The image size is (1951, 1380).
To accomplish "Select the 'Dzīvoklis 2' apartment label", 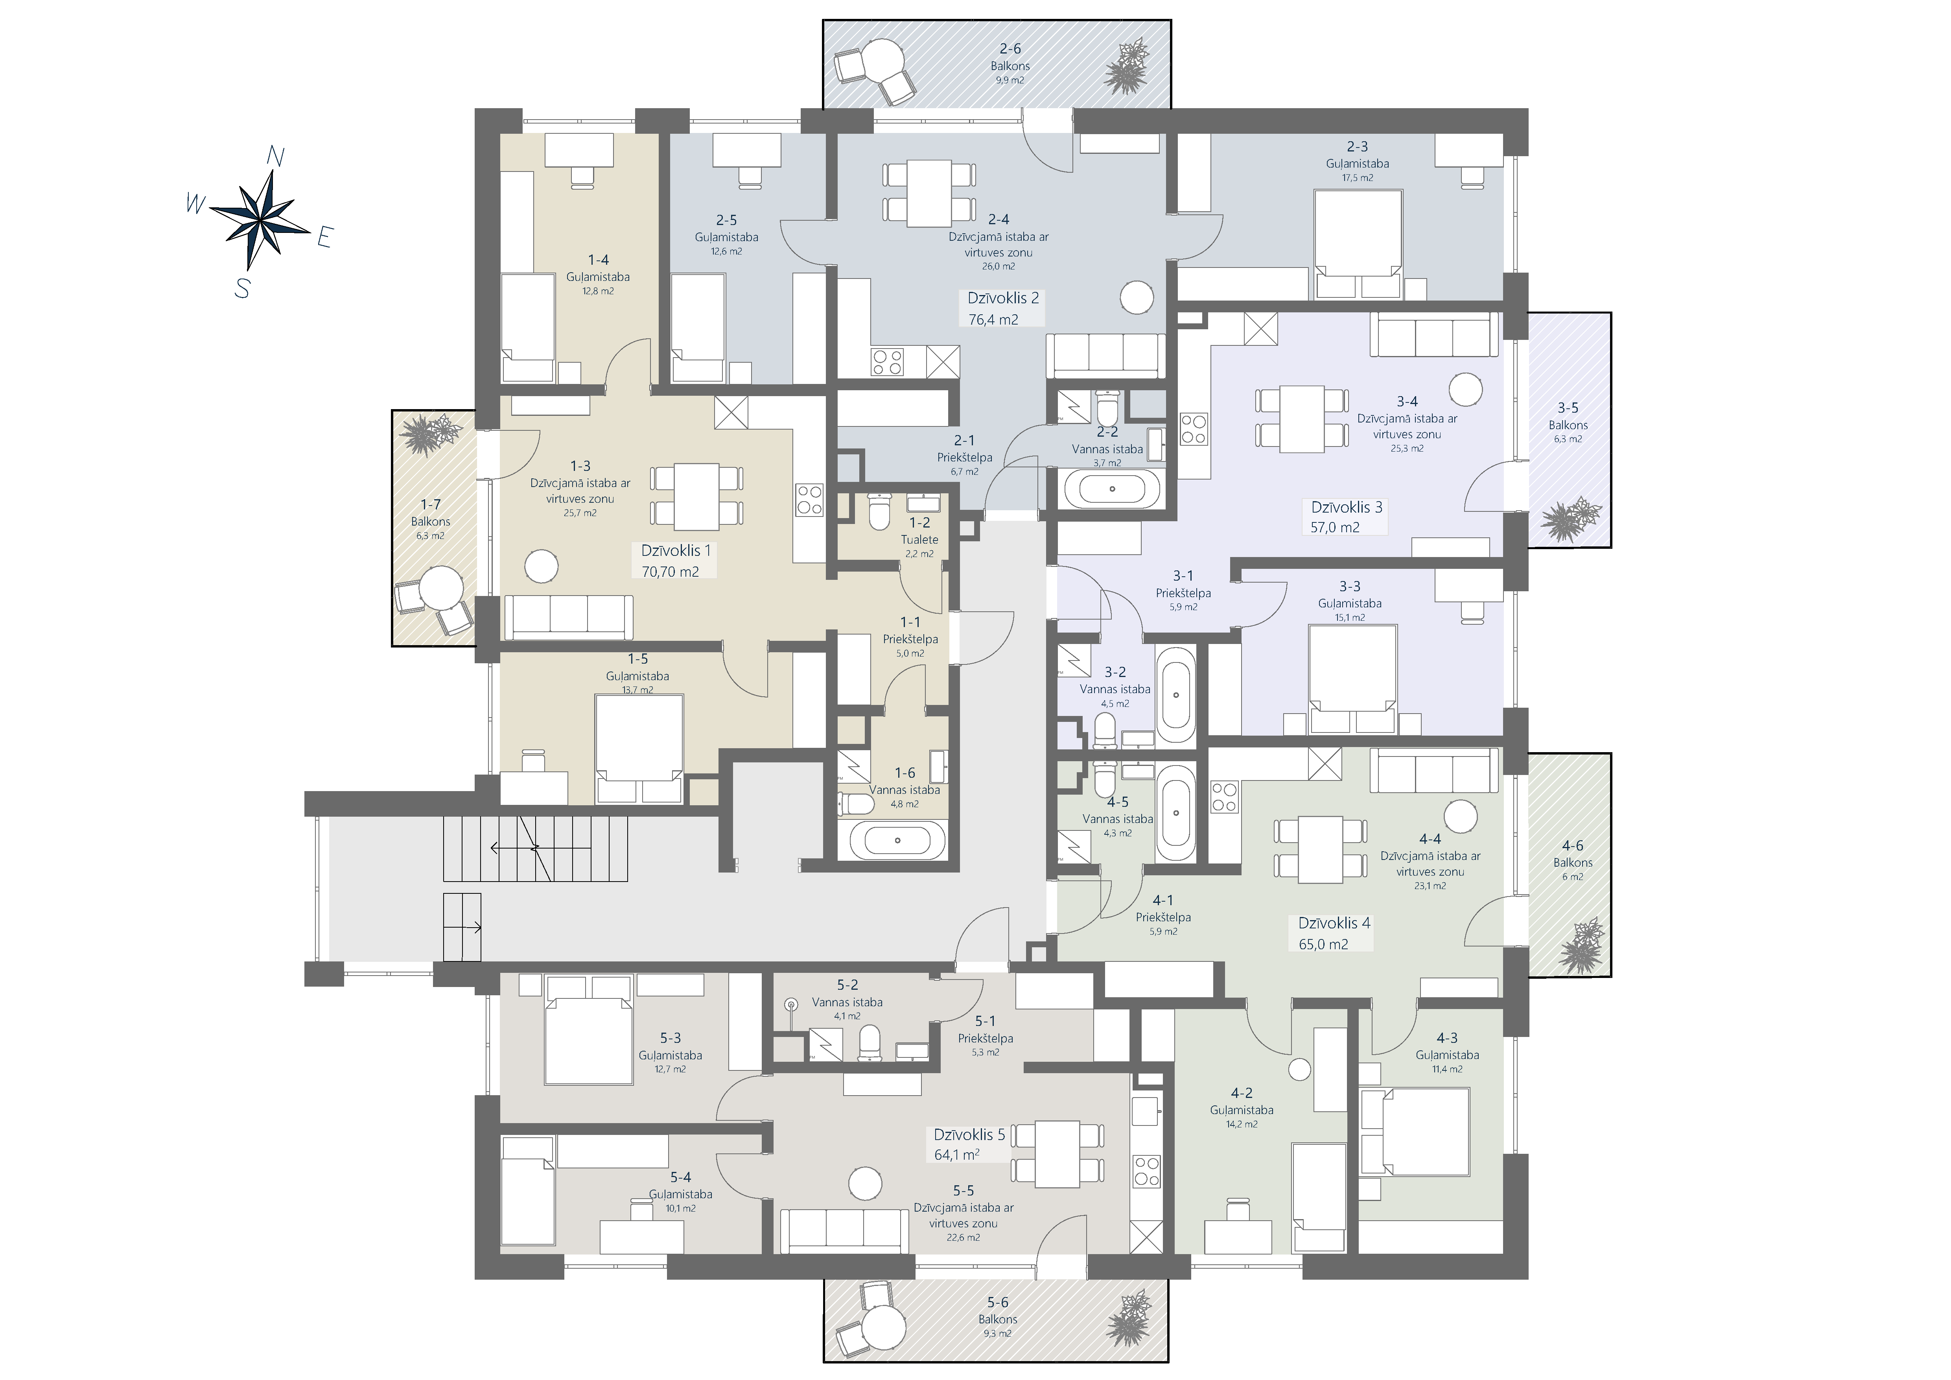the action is point(1003,298).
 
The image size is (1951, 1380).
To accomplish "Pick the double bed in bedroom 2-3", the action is point(1357,245).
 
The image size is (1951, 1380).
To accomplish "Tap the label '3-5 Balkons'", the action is point(1568,416).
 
